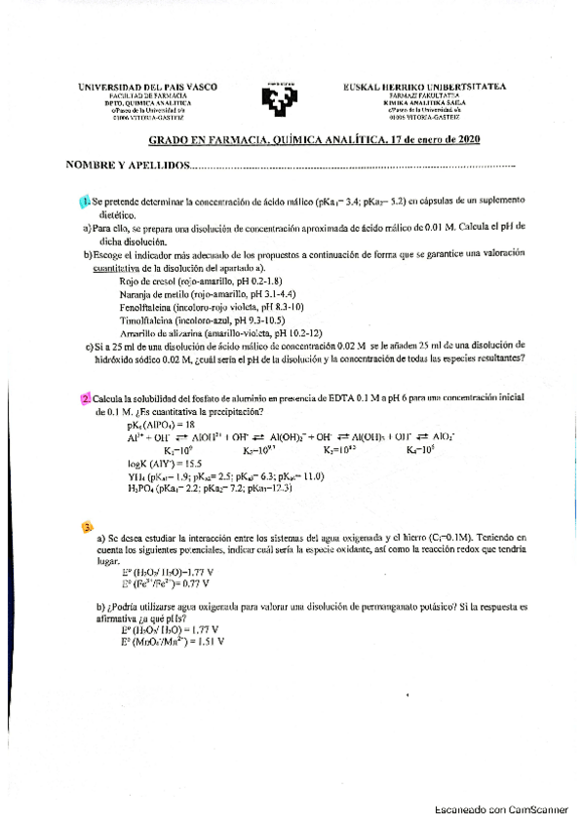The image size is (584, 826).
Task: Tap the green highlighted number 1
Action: tap(85, 201)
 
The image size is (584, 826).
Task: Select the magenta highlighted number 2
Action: tap(86, 398)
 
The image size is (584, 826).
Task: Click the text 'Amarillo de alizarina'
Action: tap(160, 332)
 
